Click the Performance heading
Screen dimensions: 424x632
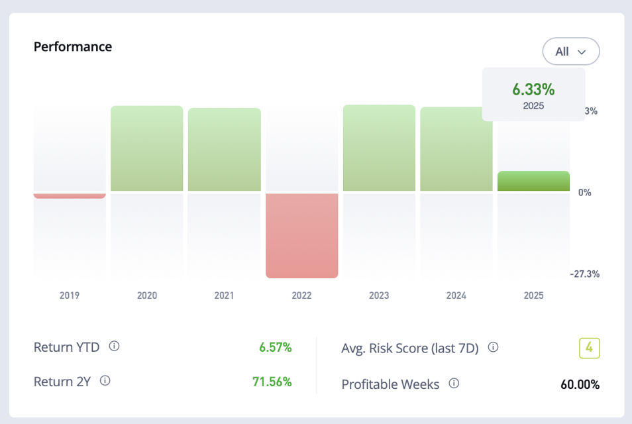click(x=73, y=47)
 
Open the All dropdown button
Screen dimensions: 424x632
click(x=570, y=51)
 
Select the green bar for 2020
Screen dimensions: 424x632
click(x=146, y=148)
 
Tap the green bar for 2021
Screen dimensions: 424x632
click(x=224, y=150)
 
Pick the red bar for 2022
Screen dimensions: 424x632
click(x=301, y=235)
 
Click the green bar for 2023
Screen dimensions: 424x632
click(x=379, y=148)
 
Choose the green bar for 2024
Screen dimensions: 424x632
click(x=456, y=149)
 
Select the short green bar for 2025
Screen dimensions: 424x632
click(x=533, y=182)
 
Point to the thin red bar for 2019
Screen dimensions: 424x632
click(x=70, y=196)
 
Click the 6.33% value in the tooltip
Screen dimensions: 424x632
click(x=533, y=89)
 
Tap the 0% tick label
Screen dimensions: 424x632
click(x=584, y=193)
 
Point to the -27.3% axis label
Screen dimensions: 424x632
click(x=584, y=274)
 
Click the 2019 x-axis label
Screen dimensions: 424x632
click(x=70, y=295)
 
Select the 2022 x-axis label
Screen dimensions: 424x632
click(x=301, y=295)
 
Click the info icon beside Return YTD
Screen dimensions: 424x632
click(x=114, y=346)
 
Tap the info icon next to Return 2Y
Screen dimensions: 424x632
click(x=105, y=381)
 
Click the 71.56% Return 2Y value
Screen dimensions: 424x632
click(x=272, y=382)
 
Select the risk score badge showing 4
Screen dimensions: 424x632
click(x=589, y=348)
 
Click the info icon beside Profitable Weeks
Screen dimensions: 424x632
click(x=454, y=384)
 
